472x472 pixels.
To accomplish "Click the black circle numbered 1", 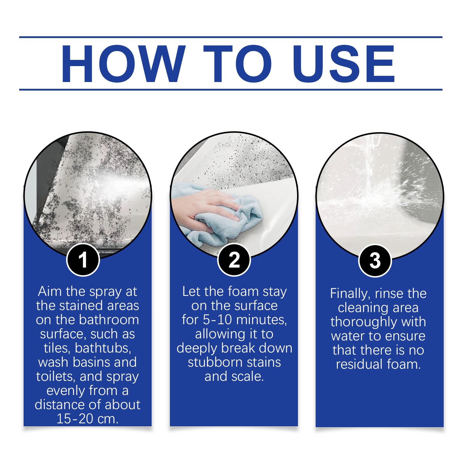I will [x=83, y=260].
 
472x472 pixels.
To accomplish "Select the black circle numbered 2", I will [x=234, y=260].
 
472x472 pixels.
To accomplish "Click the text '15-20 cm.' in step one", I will [x=87, y=419].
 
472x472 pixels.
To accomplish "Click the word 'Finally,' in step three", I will [x=350, y=294].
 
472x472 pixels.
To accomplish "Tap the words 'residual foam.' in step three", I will [x=378, y=364].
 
